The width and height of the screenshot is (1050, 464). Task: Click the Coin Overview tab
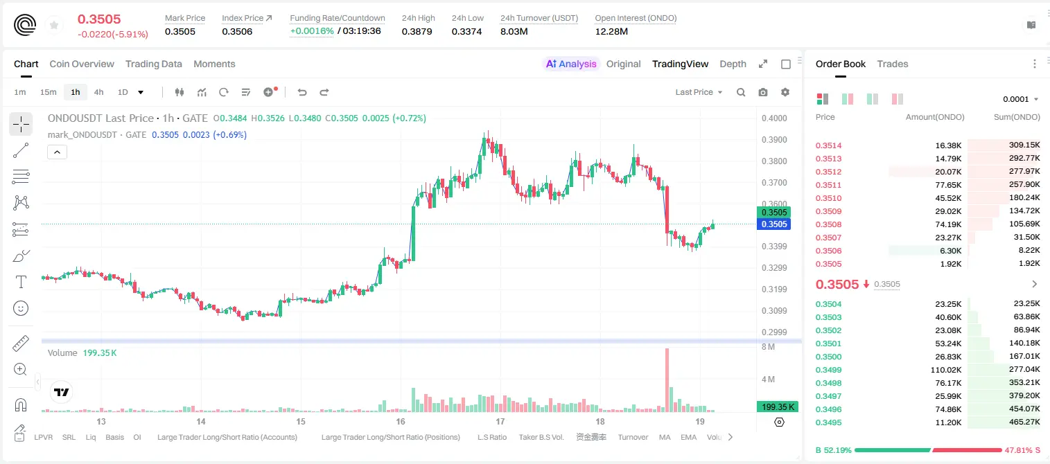pos(82,64)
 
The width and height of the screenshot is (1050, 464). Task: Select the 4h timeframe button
pos(98,92)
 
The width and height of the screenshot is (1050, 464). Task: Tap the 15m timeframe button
pos(49,92)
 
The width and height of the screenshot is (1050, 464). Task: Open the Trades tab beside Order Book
pos(893,64)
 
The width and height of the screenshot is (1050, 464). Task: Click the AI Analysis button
pos(571,64)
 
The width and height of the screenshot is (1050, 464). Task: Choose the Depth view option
pos(733,64)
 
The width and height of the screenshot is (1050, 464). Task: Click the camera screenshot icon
pos(763,92)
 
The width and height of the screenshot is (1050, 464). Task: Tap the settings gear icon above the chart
pos(785,92)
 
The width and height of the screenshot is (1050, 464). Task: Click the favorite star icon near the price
pos(54,25)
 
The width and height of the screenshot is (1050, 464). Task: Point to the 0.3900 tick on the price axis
pos(774,139)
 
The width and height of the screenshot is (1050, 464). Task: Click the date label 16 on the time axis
pos(401,421)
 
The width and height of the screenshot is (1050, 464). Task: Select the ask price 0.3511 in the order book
pos(828,185)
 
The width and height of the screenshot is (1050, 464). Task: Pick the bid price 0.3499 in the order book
pos(828,370)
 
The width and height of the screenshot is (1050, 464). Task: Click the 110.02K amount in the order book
pos(946,370)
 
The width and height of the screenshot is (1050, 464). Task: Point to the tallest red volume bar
pos(667,380)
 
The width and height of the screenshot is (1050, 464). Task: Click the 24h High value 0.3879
pos(417,31)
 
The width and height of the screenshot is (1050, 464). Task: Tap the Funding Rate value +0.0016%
pos(312,31)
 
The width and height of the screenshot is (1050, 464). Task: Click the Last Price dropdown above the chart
pos(699,92)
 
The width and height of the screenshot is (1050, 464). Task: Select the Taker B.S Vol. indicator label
pos(541,437)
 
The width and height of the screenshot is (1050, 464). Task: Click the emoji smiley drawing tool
pos(21,308)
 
